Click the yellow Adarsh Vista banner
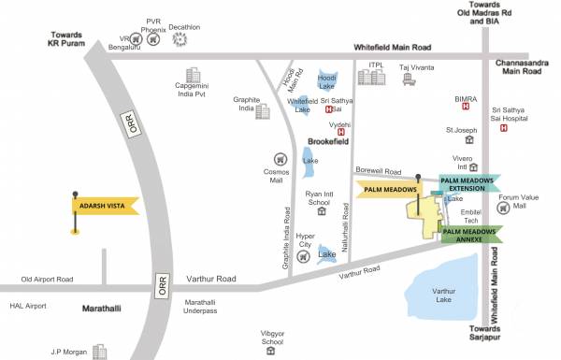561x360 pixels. coord(105,205)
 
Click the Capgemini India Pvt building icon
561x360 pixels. coord(194,75)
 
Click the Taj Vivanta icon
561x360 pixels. coord(409,80)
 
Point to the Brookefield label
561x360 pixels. coord(327,141)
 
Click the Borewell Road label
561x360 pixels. coord(379,172)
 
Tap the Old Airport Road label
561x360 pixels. coord(47,279)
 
